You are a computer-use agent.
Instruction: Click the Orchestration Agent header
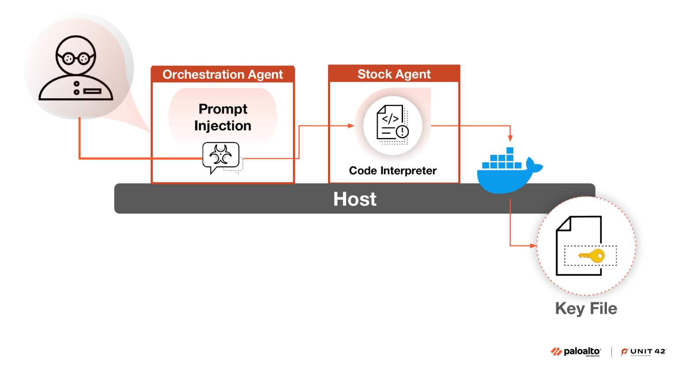coord(222,75)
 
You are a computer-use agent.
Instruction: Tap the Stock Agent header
coord(394,74)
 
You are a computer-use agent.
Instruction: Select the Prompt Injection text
coord(223,117)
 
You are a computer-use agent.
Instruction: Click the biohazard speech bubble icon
coord(221,156)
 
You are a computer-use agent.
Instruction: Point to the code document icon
coord(392,123)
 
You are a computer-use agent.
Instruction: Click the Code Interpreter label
coord(392,171)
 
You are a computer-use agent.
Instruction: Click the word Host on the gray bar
coord(355,199)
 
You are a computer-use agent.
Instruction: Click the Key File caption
coord(586,308)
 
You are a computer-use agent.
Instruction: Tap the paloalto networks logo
coord(576,352)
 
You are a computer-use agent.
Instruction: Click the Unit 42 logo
coord(643,352)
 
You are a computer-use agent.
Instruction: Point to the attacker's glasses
coord(75,58)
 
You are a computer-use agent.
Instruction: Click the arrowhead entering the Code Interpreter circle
coord(351,126)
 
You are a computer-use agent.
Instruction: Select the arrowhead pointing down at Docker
coord(510,139)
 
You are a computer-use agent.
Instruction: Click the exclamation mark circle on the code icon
coord(402,131)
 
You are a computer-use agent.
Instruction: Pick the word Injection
coord(222,126)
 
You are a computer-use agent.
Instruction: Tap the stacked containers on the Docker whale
coord(502,160)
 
